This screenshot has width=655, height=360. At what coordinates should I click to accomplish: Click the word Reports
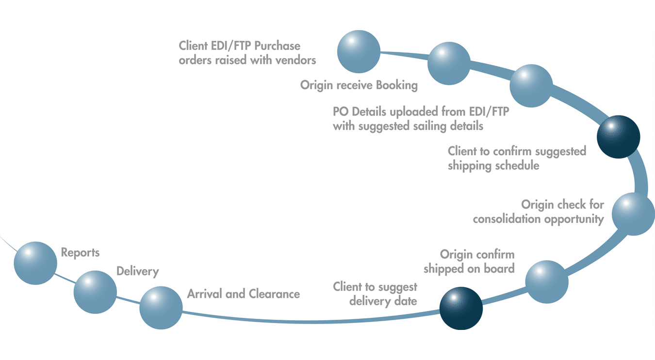pos(80,253)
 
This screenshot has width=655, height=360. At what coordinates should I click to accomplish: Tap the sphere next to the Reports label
pos(35,263)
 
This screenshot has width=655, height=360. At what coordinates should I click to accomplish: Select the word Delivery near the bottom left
pos(137,271)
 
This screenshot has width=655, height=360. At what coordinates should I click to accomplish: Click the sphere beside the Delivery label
pos(95,292)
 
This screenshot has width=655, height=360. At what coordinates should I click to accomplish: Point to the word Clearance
pos(274,294)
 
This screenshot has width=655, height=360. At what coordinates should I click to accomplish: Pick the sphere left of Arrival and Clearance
pos(161,308)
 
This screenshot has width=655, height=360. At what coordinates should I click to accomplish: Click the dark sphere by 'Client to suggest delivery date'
pos(461,308)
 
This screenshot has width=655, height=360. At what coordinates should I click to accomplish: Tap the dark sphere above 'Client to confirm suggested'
pos(619,137)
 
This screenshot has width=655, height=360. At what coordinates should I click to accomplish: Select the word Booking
pos(397,85)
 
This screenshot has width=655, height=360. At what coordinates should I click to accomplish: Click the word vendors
pos(295,60)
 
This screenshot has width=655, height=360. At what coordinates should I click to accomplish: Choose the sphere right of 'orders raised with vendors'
pos(359,51)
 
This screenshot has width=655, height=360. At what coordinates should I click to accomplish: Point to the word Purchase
pos(277,46)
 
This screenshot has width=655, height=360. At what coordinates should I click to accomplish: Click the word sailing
pos(429,126)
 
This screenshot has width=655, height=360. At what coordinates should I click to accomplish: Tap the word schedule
pos(517,165)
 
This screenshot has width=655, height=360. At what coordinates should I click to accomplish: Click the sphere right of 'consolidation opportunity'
pos(633,214)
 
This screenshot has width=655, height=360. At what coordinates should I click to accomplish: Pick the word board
pos(499,268)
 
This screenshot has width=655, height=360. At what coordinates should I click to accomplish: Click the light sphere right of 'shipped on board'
pos(547,282)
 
